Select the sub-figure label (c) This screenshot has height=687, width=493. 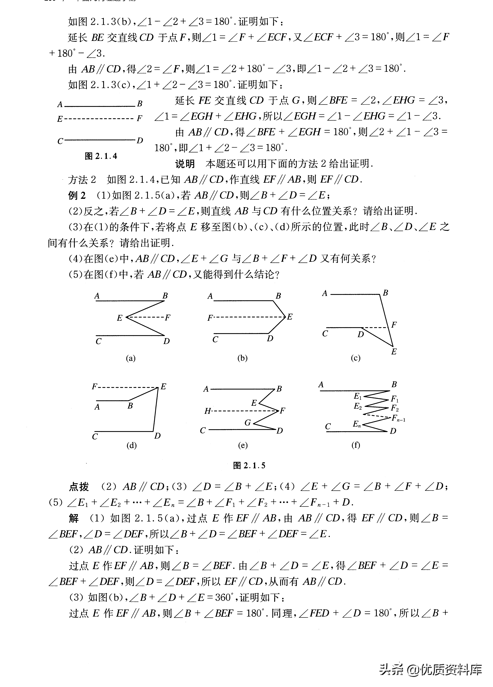pyautogui.click(x=356, y=358)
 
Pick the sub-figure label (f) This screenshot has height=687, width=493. pyautogui.click(x=356, y=445)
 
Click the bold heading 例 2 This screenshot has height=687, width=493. pyautogui.click(x=77, y=195)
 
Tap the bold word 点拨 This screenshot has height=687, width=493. pyautogui.click(x=79, y=487)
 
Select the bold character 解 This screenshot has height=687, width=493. pyautogui.click(x=74, y=518)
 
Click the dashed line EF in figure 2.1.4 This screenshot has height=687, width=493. pyautogui.click(x=99, y=118)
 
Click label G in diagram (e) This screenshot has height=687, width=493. pyautogui.click(x=248, y=423)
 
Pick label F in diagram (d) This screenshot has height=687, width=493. pyautogui.click(x=94, y=386)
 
